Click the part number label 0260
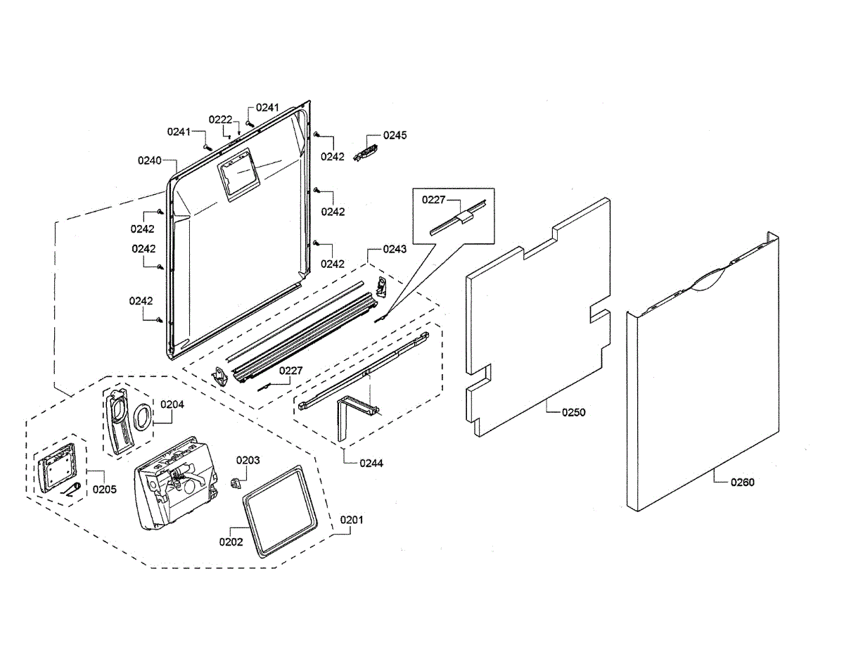click(x=742, y=482)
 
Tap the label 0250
click(x=573, y=413)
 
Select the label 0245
click(x=395, y=134)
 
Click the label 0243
click(x=395, y=249)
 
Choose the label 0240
click(x=150, y=160)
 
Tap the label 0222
click(x=220, y=120)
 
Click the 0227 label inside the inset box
click(x=433, y=200)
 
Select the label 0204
click(x=172, y=404)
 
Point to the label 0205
click(x=105, y=490)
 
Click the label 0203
click(x=248, y=460)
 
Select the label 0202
click(x=231, y=542)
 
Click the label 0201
click(x=352, y=520)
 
